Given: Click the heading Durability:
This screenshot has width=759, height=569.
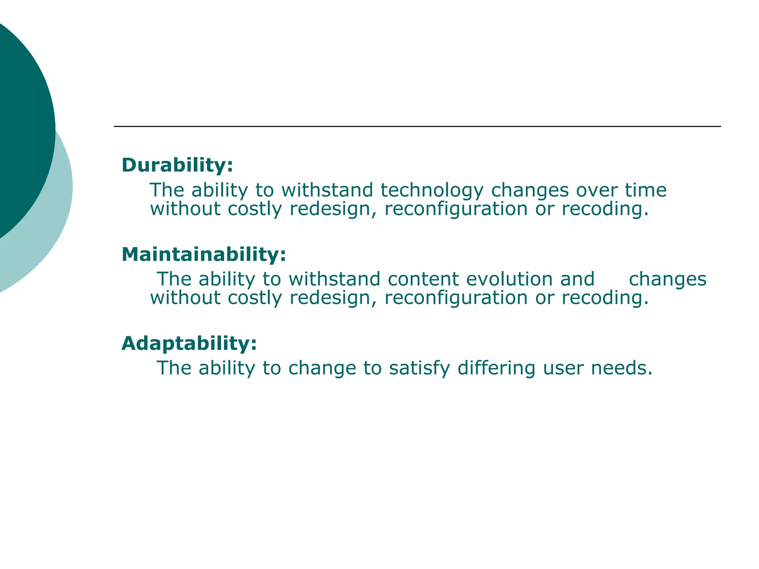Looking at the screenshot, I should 177,165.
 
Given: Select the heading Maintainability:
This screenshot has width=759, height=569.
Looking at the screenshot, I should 204,254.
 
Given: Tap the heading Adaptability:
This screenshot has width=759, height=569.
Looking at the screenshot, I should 189,343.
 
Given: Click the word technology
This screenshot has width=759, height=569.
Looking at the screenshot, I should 432,191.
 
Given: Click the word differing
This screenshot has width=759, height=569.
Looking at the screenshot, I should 496,369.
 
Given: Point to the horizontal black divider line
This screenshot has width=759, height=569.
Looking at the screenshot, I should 417,126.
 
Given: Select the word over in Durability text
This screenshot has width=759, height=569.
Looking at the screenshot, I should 596,190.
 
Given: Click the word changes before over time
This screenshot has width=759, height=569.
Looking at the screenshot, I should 530,191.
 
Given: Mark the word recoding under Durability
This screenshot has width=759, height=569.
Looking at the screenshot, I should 605,209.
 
